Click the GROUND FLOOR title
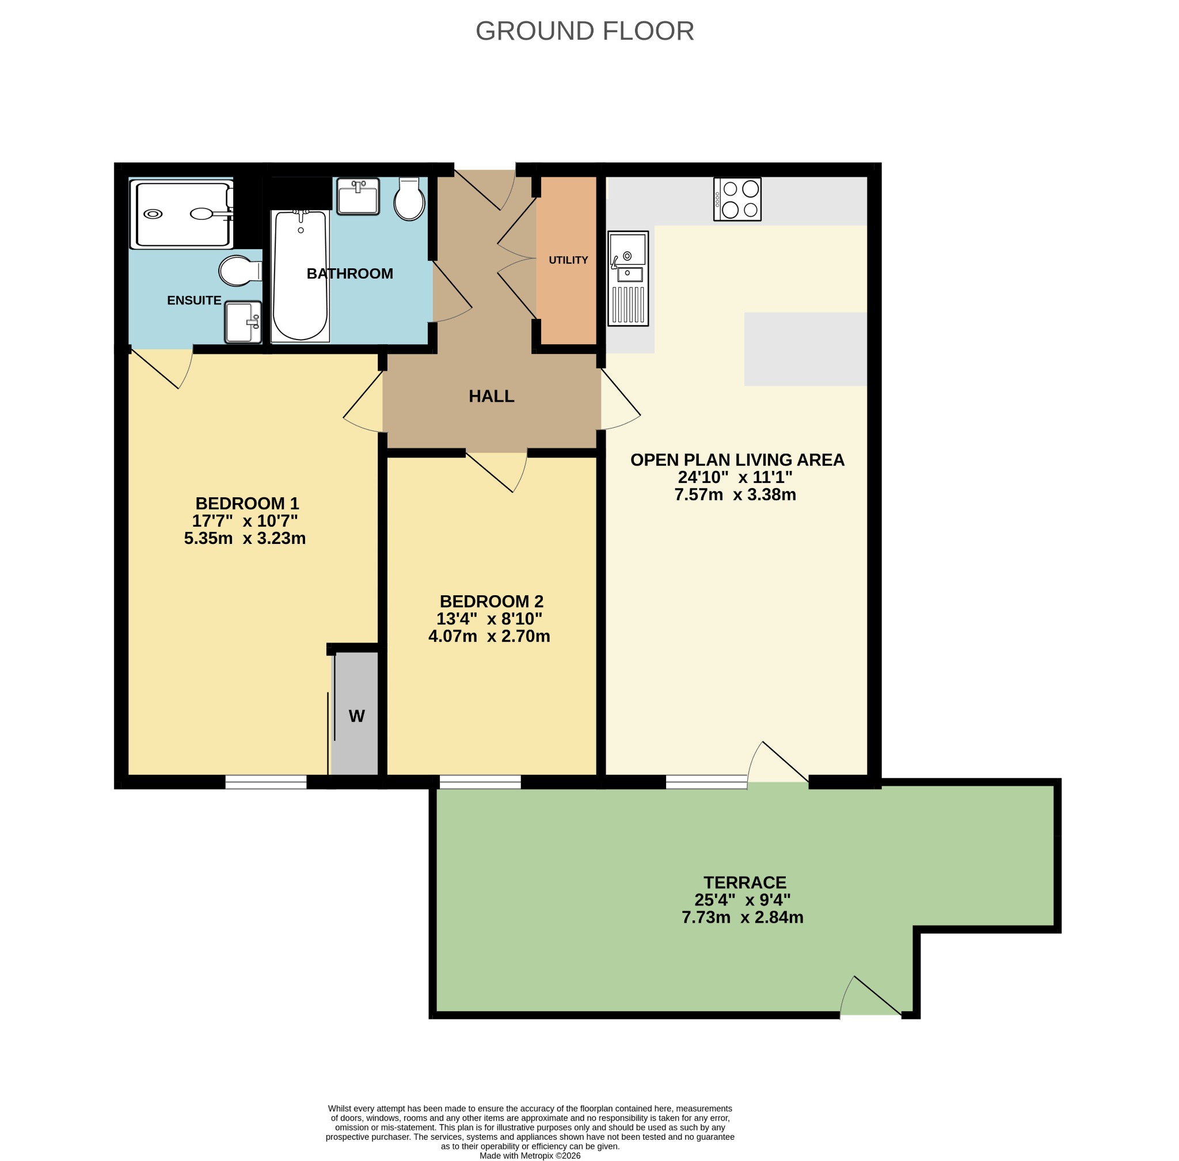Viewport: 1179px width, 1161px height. [x=584, y=31]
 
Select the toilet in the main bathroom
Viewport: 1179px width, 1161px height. [x=409, y=199]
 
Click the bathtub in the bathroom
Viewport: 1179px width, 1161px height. [x=301, y=276]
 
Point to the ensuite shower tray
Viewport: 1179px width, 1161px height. [x=182, y=214]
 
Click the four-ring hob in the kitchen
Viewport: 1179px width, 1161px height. [x=737, y=199]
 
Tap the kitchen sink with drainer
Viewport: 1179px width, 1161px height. [x=627, y=278]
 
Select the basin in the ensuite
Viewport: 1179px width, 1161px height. [x=243, y=322]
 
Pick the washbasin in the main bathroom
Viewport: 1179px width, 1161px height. [x=358, y=196]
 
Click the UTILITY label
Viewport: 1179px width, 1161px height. [x=568, y=260]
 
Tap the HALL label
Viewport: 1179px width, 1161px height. [x=491, y=397]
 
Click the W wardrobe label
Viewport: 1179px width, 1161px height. [x=357, y=716]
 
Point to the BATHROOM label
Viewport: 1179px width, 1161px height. [x=349, y=274]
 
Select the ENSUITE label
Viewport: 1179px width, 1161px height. [x=194, y=300]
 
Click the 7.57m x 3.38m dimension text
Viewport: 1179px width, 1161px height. [x=735, y=494]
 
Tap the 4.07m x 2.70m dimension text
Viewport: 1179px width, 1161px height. [x=489, y=636]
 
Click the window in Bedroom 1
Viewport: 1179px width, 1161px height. [x=266, y=782]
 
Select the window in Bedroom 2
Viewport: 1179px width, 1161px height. [x=480, y=782]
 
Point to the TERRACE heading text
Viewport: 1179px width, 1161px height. [x=745, y=882]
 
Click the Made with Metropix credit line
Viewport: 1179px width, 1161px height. [x=530, y=1155]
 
